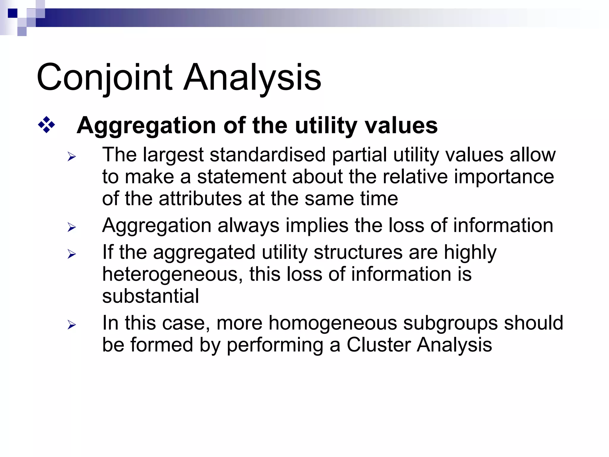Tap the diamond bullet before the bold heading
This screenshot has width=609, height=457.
click(47, 125)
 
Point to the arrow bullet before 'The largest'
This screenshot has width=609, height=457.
click(72, 156)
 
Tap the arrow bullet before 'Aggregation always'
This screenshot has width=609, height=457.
click(72, 227)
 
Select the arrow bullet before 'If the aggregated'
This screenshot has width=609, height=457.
click(72, 254)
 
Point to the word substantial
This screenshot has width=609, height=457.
click(150, 296)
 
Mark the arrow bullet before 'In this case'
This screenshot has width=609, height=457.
click(72, 325)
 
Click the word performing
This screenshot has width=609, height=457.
click(275, 346)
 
